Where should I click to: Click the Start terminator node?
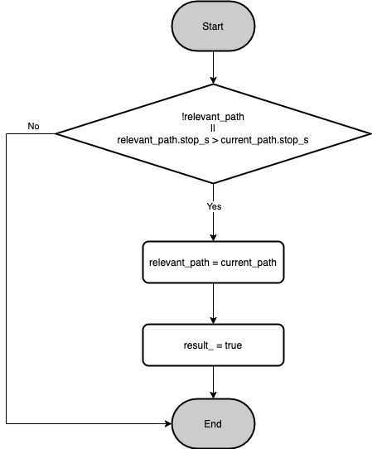point(213,26)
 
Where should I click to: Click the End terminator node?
point(213,423)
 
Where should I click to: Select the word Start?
point(213,27)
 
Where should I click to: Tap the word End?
point(213,424)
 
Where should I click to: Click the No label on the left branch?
point(33,126)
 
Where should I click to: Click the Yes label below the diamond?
point(215,206)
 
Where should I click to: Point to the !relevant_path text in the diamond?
point(213,117)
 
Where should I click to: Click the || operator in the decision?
point(213,128)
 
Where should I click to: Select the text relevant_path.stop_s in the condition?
point(163,140)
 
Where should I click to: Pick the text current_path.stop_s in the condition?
point(264,140)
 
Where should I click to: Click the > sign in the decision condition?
point(215,140)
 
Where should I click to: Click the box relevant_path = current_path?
point(213,263)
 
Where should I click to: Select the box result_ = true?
point(213,345)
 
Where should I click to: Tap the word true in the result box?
point(233,345)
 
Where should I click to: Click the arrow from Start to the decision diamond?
point(213,68)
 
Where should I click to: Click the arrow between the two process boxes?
point(213,303)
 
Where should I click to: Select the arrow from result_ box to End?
point(213,382)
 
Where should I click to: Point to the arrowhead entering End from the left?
point(168,423)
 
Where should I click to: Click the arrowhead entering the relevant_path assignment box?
point(213,238)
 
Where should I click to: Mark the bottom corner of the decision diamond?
point(213,183)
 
